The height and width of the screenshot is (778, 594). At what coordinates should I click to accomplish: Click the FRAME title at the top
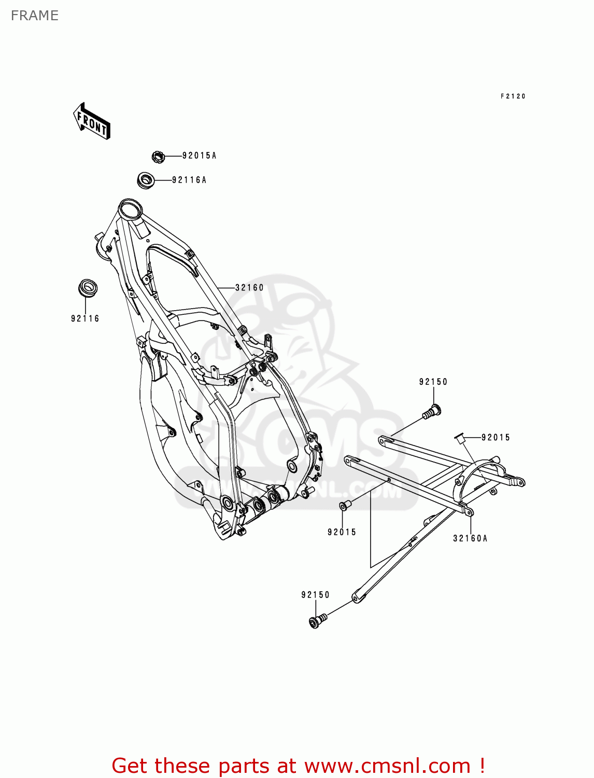34,16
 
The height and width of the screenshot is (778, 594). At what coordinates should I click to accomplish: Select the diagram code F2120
513,96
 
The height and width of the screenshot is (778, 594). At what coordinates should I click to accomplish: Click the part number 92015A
199,156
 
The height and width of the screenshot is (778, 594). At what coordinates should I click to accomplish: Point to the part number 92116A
189,180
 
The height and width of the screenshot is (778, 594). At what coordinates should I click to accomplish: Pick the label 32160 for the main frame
249,287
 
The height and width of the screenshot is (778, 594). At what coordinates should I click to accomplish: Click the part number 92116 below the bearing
85,318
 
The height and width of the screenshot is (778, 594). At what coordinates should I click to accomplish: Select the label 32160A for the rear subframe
470,538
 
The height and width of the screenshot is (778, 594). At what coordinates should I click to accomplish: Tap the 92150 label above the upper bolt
433,382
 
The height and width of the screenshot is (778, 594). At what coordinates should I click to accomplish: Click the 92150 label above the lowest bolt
315,595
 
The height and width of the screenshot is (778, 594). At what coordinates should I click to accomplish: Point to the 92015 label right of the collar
496,437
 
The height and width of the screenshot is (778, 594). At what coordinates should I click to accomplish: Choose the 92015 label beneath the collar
342,532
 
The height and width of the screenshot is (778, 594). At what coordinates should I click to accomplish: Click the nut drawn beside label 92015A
158,156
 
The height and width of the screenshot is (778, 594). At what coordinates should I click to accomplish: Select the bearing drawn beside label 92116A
146,180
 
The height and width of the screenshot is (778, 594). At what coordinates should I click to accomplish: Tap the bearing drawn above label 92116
88,288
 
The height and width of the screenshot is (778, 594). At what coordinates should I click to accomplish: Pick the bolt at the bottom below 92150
317,620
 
